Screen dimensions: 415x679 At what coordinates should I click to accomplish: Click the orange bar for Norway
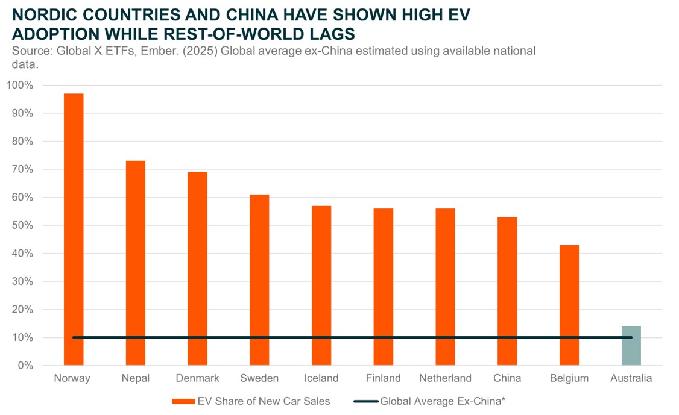point(74,229)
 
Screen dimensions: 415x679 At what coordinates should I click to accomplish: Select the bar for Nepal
point(135,263)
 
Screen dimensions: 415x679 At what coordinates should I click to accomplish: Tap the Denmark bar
point(197,268)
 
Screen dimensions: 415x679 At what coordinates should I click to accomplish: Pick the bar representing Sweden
point(259,279)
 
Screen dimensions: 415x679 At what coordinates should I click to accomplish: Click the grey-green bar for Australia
point(631,346)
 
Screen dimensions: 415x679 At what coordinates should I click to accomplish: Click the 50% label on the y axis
point(22,225)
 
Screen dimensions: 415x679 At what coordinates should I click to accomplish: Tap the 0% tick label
point(25,366)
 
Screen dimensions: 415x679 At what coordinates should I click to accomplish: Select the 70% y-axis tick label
point(22,169)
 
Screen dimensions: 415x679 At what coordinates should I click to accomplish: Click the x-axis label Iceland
point(321,378)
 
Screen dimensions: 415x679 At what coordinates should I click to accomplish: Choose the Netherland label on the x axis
point(445,378)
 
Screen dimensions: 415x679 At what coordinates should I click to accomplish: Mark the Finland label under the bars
point(383,378)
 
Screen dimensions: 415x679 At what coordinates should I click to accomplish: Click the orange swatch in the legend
point(183,401)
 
